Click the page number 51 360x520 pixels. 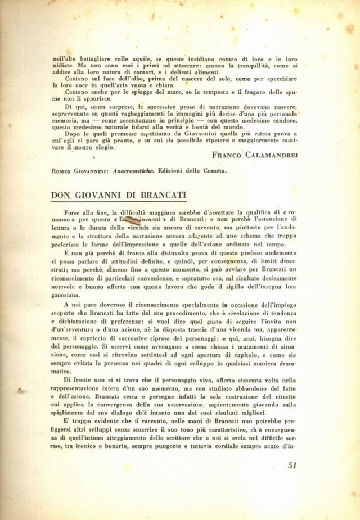pyautogui.click(x=291, y=465)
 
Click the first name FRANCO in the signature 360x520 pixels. pyautogui.click(x=227, y=154)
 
